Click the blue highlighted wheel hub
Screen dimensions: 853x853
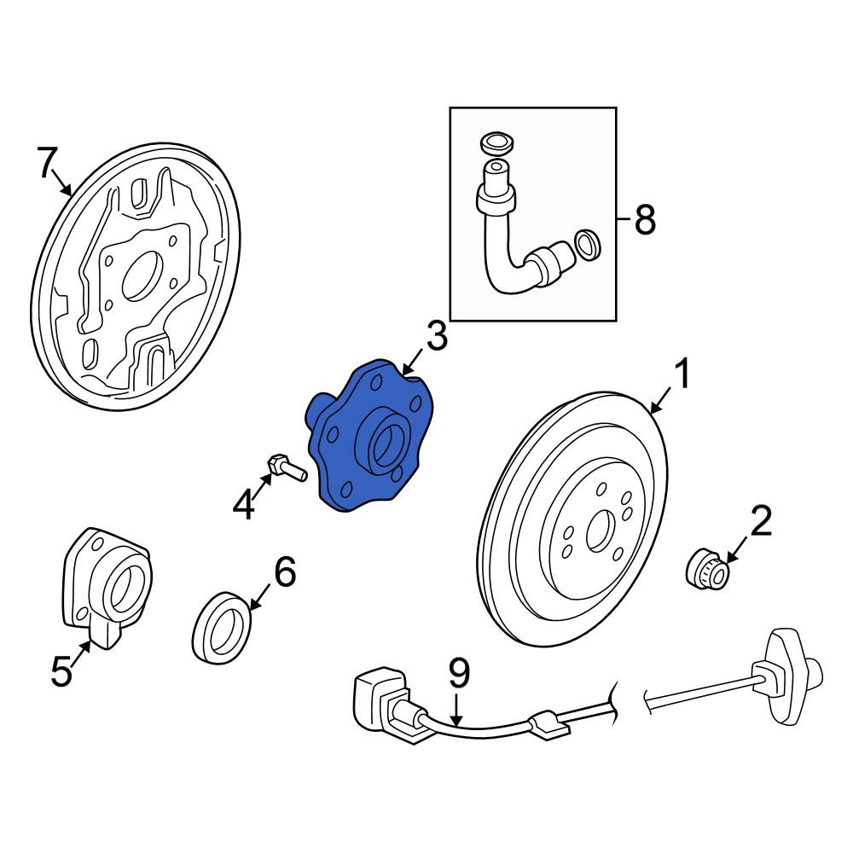click(x=366, y=435)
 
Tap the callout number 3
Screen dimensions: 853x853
click(x=436, y=336)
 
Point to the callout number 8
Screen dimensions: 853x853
click(x=645, y=220)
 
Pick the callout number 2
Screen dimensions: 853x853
click(x=761, y=520)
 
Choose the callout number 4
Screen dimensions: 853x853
click(x=243, y=504)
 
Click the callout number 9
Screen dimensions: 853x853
click(x=460, y=673)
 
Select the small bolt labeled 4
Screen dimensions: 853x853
click(x=287, y=467)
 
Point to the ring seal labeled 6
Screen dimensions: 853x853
click(x=221, y=629)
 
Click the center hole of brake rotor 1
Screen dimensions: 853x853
click(x=601, y=530)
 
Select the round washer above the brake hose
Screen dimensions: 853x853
click(x=497, y=143)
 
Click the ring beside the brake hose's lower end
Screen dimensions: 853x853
click(x=588, y=245)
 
